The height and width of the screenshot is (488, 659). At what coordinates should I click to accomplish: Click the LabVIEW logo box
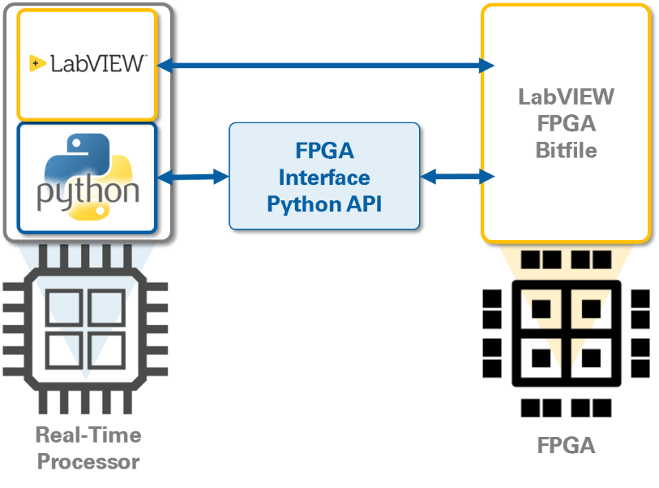pyautogui.click(x=87, y=65)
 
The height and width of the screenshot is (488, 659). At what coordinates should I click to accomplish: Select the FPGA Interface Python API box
pyautogui.click(x=324, y=176)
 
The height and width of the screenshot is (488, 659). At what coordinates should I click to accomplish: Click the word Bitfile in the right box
pyautogui.click(x=566, y=150)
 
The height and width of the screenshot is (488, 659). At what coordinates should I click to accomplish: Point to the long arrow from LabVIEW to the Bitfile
pyautogui.click(x=324, y=65)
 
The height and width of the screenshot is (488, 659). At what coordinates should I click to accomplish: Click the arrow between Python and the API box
pyautogui.click(x=195, y=176)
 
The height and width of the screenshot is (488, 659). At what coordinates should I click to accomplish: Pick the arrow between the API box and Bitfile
pyautogui.click(x=457, y=176)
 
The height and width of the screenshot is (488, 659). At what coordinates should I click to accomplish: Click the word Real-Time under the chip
pyautogui.click(x=88, y=435)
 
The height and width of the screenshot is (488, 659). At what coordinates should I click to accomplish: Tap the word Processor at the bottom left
pyautogui.click(x=88, y=462)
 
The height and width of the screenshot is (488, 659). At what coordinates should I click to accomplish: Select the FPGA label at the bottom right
pyautogui.click(x=566, y=446)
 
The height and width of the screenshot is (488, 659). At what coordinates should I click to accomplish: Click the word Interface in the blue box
pyautogui.click(x=324, y=177)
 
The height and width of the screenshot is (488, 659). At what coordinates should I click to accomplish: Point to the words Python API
pyautogui.click(x=324, y=203)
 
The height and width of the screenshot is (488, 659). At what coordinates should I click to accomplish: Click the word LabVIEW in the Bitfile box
pyautogui.click(x=566, y=97)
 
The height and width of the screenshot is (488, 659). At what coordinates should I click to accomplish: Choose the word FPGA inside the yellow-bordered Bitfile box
pyautogui.click(x=566, y=124)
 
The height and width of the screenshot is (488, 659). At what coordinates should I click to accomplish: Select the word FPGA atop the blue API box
pyautogui.click(x=324, y=151)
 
